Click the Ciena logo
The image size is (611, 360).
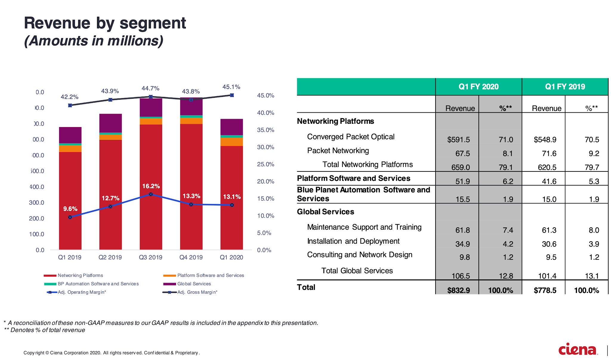(x=578, y=349)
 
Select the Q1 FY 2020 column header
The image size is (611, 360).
(x=479, y=87)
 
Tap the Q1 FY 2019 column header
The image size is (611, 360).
(x=565, y=87)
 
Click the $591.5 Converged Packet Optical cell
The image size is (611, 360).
(x=458, y=140)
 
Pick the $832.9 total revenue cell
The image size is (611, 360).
(x=458, y=290)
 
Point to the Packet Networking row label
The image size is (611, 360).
(x=338, y=151)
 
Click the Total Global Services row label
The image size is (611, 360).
(x=357, y=271)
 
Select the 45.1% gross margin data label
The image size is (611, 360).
(x=231, y=87)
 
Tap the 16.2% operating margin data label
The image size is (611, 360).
(x=151, y=186)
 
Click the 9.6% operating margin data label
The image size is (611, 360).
(x=70, y=209)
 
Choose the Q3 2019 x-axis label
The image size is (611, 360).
(x=151, y=257)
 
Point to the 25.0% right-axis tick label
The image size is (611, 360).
(x=266, y=164)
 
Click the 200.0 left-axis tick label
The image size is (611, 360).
(x=36, y=219)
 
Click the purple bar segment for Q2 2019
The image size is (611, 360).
(x=110, y=123)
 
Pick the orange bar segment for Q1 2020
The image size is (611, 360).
(x=232, y=142)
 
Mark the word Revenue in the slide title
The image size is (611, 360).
(x=57, y=23)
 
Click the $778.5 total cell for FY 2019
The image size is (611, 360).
(x=545, y=290)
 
